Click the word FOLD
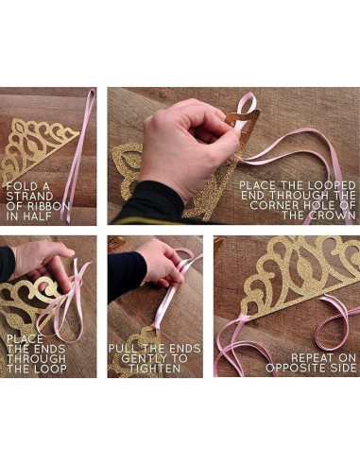[18, 186]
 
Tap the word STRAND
[29, 196]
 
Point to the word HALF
[37, 216]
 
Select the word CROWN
[333, 215]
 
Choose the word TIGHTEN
[155, 369]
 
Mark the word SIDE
[342, 368]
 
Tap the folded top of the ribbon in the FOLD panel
[92, 92]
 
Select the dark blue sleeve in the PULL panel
[126, 277]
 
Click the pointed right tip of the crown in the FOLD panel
[78, 136]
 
